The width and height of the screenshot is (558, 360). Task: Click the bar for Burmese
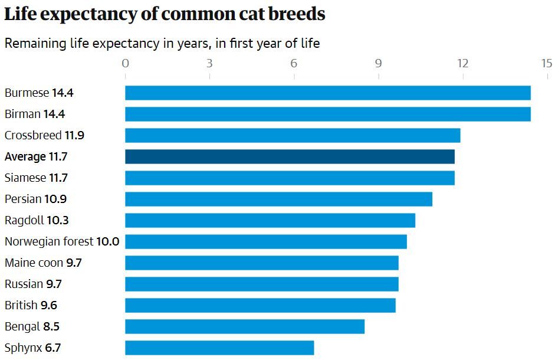[327, 93]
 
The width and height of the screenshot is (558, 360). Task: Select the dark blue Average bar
[290, 156]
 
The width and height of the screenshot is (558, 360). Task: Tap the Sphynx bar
[219, 348]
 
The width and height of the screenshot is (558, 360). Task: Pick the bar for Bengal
[245, 326]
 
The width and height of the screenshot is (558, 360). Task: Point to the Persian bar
[278, 199]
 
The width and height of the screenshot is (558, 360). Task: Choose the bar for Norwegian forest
[266, 241]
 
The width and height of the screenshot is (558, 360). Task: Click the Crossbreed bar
[293, 135]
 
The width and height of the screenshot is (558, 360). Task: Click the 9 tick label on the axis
[378, 63]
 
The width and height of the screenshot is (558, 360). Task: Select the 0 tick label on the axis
[125, 63]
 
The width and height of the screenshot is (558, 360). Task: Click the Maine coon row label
[34, 263]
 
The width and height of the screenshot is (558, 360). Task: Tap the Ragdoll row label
[24, 220]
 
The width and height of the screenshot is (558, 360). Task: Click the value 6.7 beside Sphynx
[52, 348]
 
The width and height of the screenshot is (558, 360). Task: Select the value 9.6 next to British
[49, 305]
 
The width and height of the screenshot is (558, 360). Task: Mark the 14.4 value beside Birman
[54, 114]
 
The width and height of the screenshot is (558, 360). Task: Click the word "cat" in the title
[250, 14]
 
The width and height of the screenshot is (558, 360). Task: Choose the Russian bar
[261, 284]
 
